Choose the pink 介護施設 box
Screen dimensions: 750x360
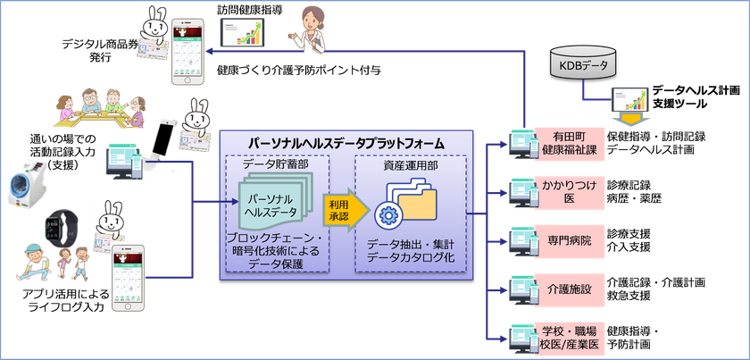[570, 289]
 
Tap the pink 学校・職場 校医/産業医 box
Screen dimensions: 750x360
[570, 338]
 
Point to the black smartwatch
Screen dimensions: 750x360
[62, 229]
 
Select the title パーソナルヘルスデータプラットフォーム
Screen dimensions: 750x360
[346, 143]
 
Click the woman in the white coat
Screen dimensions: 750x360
[310, 29]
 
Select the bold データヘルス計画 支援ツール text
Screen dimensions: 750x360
[686, 96]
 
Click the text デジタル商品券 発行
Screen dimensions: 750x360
[100, 51]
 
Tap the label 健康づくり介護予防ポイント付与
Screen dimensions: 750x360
[299, 71]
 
